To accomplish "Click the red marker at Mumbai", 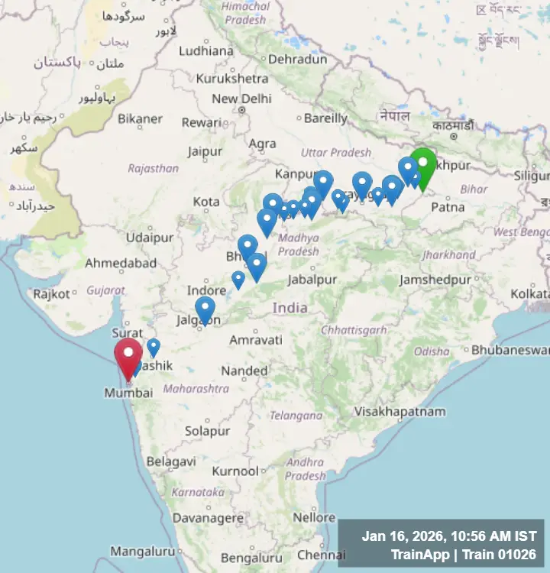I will click(x=128, y=356).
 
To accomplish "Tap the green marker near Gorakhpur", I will click(x=422, y=165).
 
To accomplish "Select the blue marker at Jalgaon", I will click(x=205, y=309).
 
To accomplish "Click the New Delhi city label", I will click(x=241, y=99).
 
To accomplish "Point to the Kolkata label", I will click(x=529, y=293).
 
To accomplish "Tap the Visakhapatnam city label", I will click(x=400, y=412).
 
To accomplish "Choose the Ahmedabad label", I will click(x=121, y=263).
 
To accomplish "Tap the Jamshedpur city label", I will click(x=435, y=280).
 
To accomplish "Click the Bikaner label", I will click(x=140, y=118).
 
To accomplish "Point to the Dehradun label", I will click(x=298, y=58).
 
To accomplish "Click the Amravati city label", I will click(x=256, y=340).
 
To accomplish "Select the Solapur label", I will click(x=207, y=431).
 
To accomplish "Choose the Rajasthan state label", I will click(x=153, y=168).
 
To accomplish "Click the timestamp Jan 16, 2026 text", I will click(x=449, y=537).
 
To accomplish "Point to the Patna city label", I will click(x=448, y=207).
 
